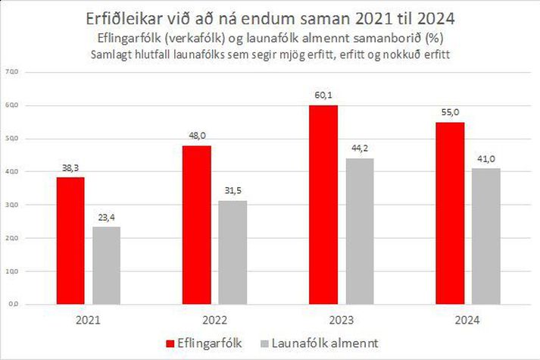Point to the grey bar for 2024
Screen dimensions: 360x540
(485, 236)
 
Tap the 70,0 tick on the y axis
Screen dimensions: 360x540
(13, 72)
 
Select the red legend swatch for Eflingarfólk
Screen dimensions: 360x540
(170, 343)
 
